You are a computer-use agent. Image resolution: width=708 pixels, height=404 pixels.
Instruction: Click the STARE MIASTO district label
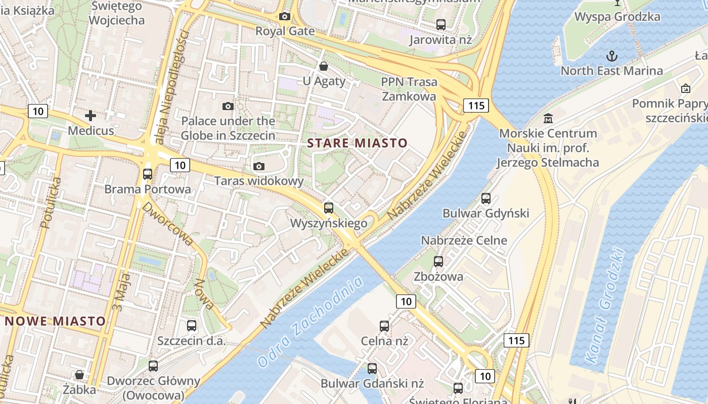(x=357, y=143)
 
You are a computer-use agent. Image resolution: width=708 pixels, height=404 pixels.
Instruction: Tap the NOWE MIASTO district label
(x=56, y=321)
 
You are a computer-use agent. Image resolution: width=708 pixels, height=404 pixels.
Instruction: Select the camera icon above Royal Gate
(x=285, y=17)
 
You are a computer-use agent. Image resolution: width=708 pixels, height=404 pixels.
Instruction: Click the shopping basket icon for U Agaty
(x=324, y=66)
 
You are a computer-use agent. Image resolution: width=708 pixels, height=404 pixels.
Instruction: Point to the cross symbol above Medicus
(x=91, y=116)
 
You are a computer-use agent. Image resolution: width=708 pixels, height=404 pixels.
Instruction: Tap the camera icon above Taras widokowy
(x=259, y=166)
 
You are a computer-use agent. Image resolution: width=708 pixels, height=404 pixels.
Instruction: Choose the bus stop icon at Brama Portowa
(x=148, y=174)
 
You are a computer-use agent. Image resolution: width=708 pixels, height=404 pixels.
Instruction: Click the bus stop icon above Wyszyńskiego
(x=329, y=208)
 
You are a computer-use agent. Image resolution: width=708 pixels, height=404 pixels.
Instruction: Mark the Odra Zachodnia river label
(x=310, y=322)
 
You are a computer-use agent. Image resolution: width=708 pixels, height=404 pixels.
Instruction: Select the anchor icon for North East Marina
(x=612, y=55)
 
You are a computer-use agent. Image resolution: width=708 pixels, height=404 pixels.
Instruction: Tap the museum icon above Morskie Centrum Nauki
(x=548, y=119)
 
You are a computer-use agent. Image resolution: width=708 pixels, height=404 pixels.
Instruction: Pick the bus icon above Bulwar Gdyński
(x=486, y=198)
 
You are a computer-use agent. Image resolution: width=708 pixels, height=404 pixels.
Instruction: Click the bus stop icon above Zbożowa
(x=438, y=262)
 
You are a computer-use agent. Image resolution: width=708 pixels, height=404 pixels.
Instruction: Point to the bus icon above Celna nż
(x=384, y=326)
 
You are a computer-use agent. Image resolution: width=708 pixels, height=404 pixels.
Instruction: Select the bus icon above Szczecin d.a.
(x=191, y=326)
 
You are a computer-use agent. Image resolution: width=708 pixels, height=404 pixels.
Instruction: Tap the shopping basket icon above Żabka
(x=79, y=375)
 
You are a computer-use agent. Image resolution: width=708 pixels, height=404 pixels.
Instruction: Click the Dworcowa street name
(x=167, y=224)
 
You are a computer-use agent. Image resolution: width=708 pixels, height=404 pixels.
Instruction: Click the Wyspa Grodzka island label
(x=617, y=17)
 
